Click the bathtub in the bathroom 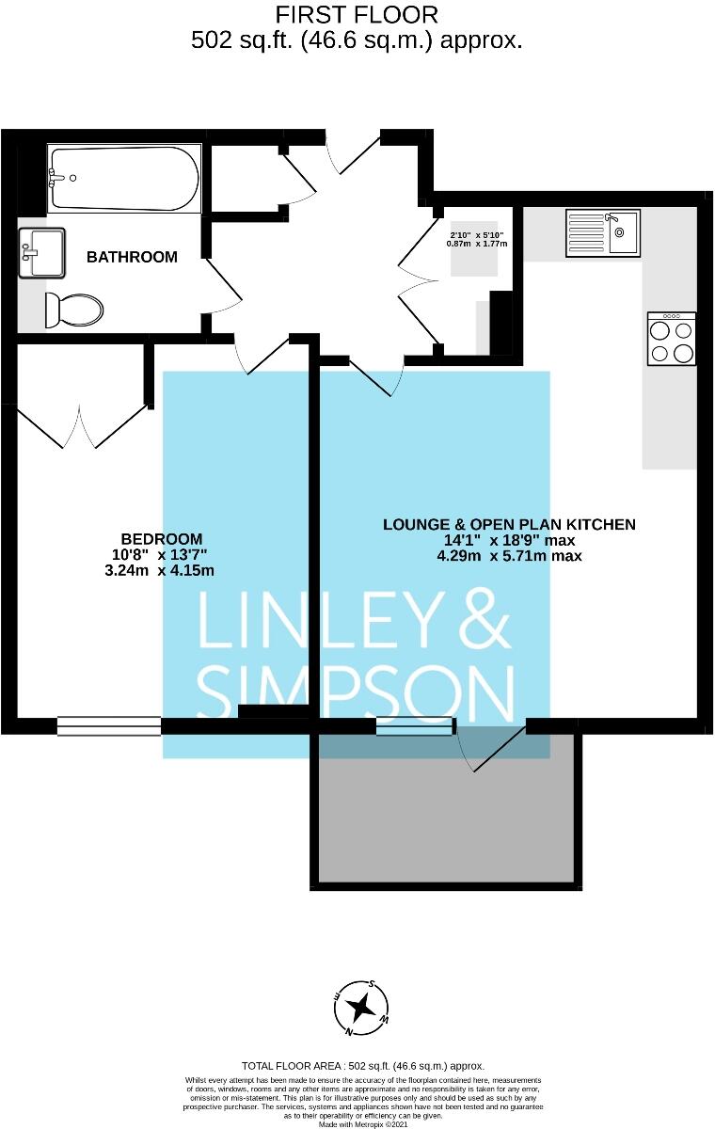(123, 178)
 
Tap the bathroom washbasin (41, 252)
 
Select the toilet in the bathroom (74, 308)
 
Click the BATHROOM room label (132, 257)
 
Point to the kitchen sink (603, 232)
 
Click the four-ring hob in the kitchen (672, 340)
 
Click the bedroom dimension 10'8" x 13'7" (160, 554)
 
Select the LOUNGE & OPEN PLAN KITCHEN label (509, 524)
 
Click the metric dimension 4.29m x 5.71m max (509, 556)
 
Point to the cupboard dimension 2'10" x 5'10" (477, 234)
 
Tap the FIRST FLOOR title (357, 15)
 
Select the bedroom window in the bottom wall (108, 725)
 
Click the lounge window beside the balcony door (415, 725)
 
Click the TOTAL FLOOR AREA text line (362, 1066)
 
